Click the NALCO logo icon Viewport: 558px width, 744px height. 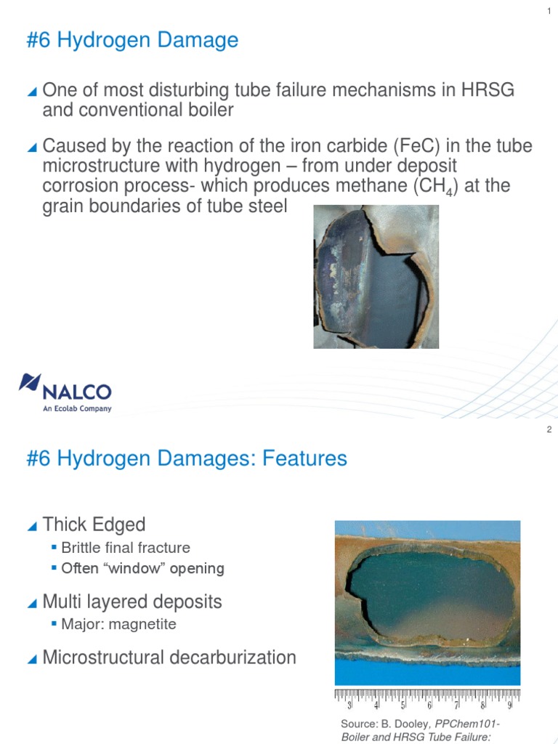31,382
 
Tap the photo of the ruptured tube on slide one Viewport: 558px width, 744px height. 376,276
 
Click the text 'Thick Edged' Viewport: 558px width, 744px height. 94,525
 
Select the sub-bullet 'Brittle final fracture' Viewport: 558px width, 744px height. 126,548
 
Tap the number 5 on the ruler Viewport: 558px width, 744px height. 403,705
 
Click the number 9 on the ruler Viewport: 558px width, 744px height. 509,705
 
